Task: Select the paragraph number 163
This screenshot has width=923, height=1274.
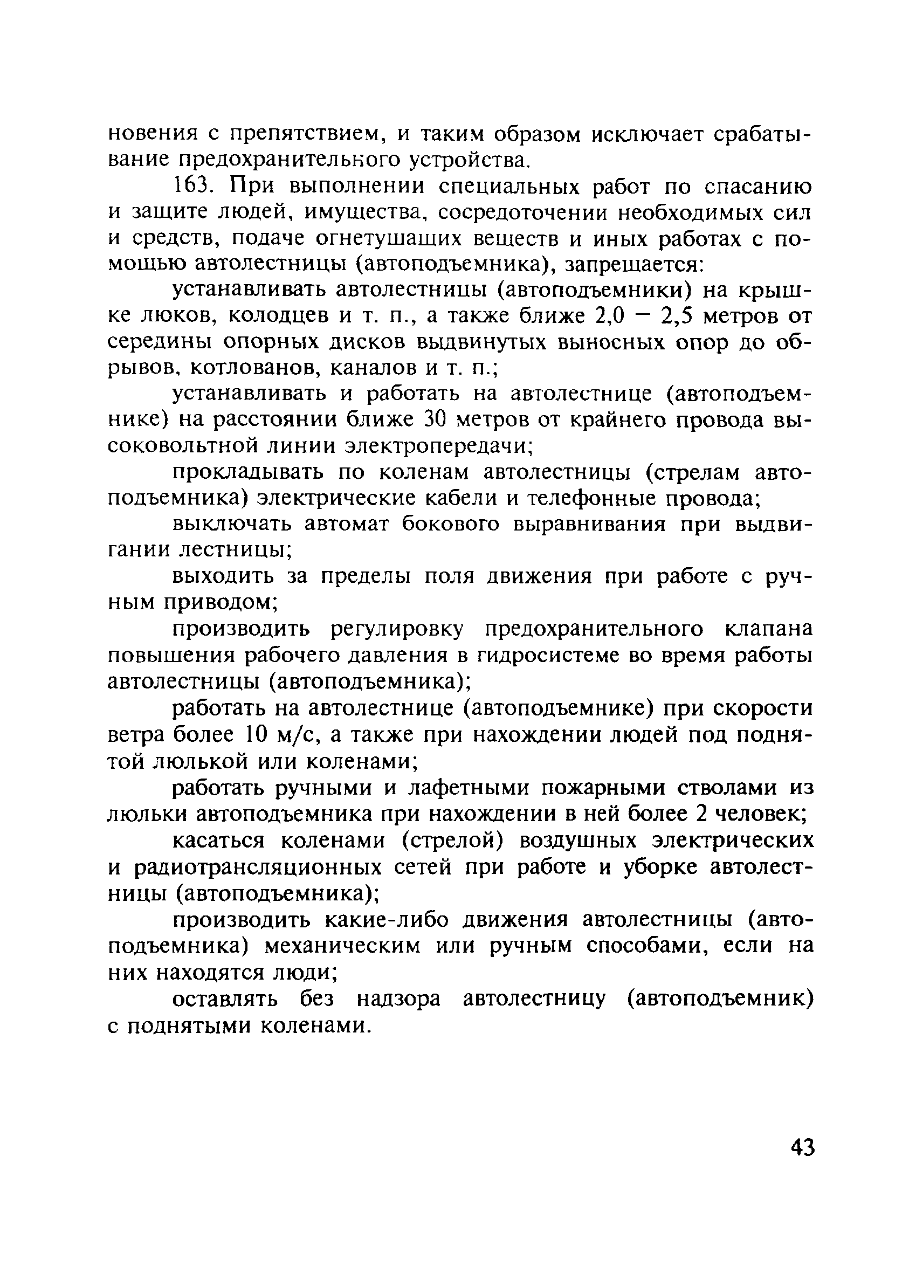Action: click(x=194, y=186)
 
